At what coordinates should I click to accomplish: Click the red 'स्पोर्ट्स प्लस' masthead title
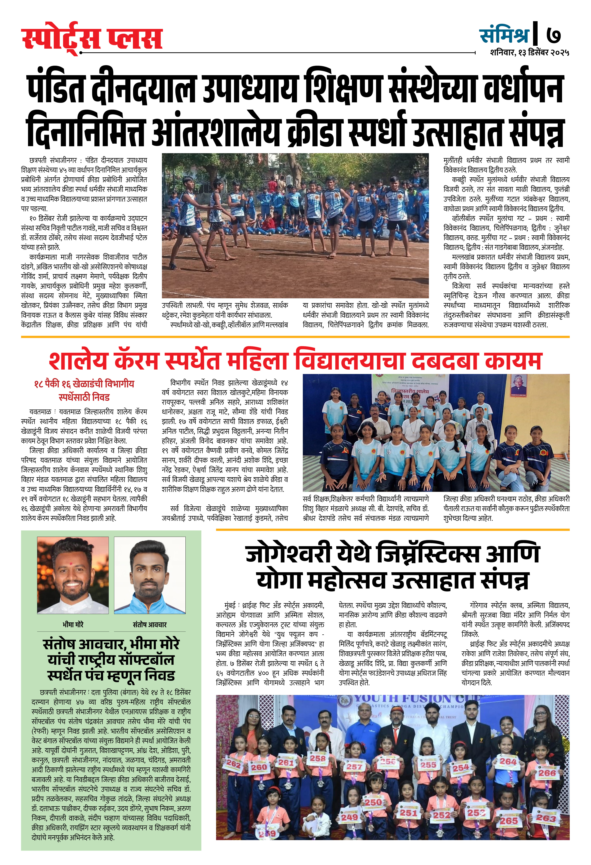(x=92, y=38)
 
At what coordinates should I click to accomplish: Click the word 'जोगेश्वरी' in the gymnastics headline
(x=289, y=554)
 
